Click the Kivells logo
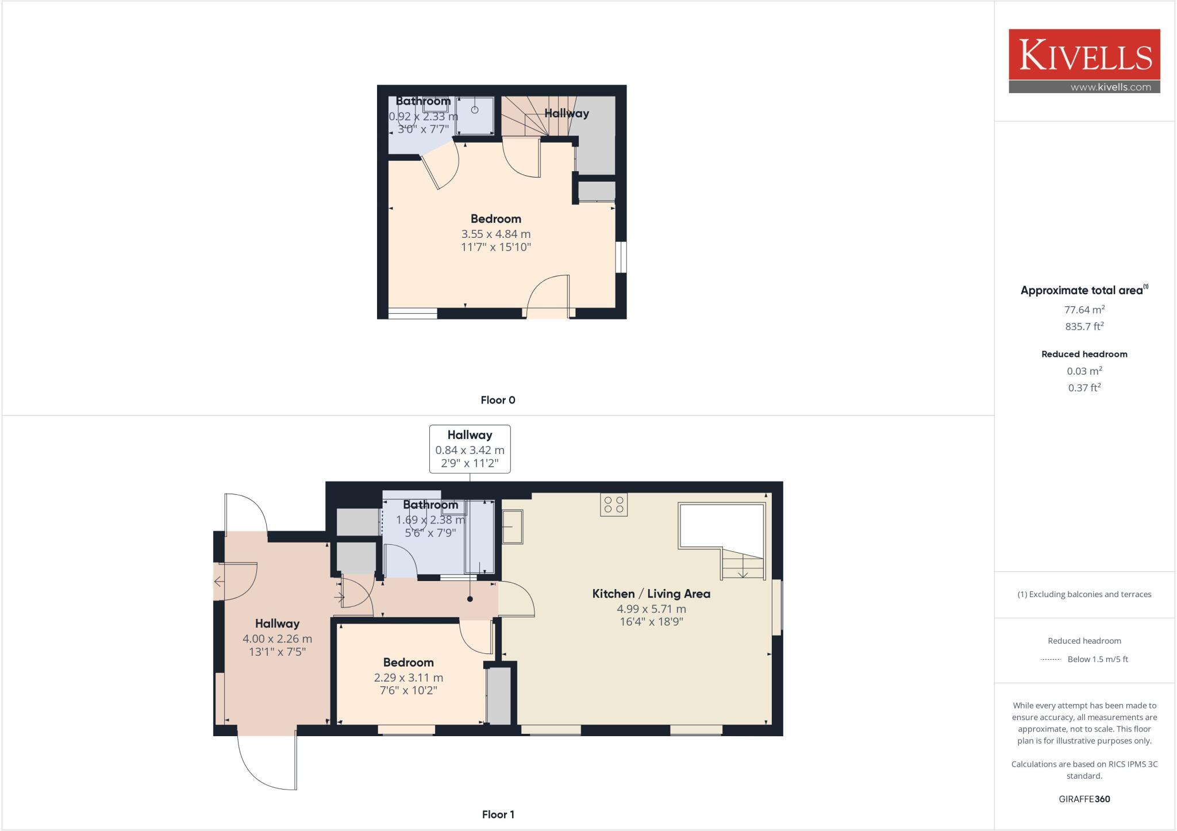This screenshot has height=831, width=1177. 1084,55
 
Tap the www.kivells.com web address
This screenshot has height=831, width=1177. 1110,87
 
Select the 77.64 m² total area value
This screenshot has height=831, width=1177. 1084,310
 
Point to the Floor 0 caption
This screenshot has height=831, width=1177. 498,400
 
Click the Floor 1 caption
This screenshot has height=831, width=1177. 498,814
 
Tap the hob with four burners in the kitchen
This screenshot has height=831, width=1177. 614,505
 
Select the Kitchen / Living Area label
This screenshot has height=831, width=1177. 651,594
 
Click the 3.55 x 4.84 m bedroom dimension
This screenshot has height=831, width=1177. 495,234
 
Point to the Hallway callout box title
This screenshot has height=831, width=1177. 470,435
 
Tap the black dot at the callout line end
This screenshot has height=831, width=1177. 470,599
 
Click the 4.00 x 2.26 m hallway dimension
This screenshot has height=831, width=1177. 277,638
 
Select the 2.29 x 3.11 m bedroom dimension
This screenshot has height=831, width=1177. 408,678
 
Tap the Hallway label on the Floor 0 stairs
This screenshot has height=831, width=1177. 567,113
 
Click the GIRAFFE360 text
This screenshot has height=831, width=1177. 1084,799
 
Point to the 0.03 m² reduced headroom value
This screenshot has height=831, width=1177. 1084,371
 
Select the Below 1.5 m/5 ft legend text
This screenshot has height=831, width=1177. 1097,659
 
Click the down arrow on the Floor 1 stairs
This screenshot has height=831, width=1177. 743,572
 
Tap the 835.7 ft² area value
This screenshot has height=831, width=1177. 1084,326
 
